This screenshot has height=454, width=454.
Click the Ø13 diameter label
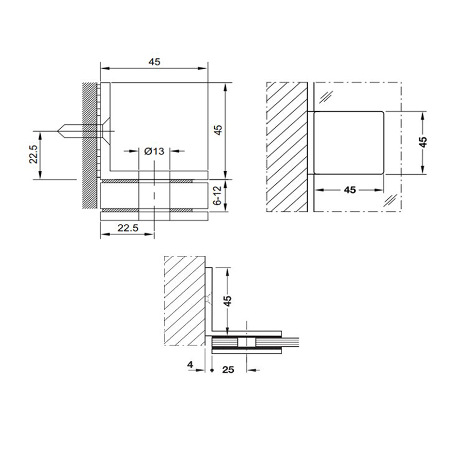coord(154,151)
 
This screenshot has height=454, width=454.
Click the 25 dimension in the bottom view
coord(229,370)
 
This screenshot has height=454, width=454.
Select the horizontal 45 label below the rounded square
coord(350,190)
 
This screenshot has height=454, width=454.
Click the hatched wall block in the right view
coord(287,146)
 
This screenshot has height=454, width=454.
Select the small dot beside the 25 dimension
coord(212,370)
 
